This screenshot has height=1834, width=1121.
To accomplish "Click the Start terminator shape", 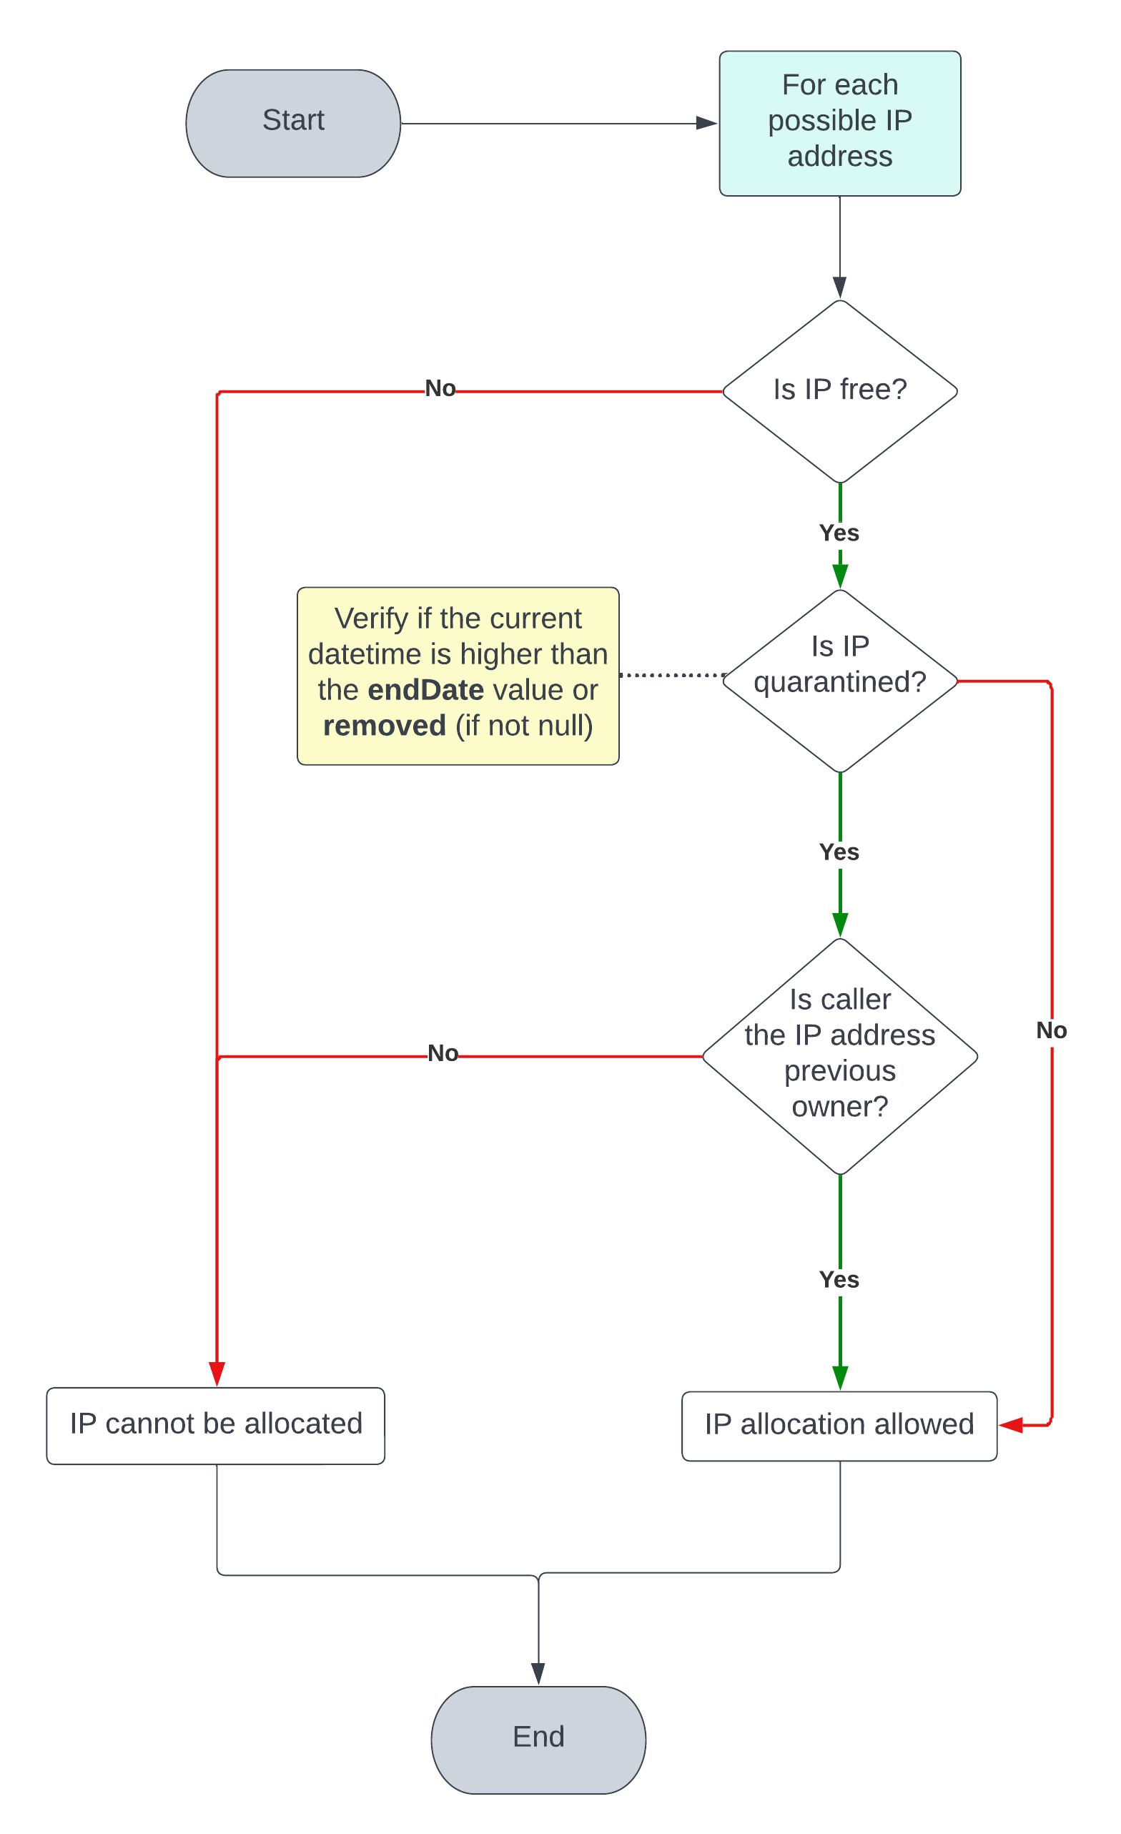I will [x=292, y=124].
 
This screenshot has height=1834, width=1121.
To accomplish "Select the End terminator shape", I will [x=538, y=1740].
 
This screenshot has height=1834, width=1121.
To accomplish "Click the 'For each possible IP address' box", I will [x=839, y=124].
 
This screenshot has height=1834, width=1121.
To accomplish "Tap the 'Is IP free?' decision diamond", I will [x=839, y=391].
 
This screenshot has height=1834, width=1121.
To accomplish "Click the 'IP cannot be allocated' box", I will [x=216, y=1425].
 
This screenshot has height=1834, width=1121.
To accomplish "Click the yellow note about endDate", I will [x=458, y=675].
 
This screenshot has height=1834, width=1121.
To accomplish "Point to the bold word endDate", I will [x=426, y=690].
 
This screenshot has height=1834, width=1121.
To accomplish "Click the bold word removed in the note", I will [x=384, y=726].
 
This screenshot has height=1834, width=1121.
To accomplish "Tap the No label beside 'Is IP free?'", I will [x=440, y=388].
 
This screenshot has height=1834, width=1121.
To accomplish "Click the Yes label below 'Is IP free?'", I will [x=839, y=533].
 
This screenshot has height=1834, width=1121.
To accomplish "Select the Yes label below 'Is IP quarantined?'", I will [x=839, y=852].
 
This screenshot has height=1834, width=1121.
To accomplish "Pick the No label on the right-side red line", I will [x=1051, y=1030].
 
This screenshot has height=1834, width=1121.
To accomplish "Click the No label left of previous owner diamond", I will [x=442, y=1053].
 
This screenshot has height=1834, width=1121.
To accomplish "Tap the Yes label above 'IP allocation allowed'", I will [x=839, y=1278].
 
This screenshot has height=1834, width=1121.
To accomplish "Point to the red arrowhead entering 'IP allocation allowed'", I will [x=1011, y=1425].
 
